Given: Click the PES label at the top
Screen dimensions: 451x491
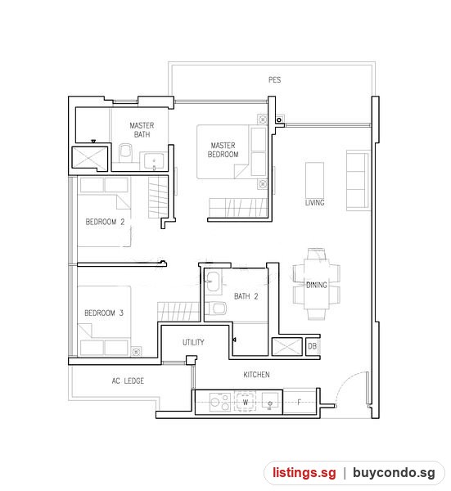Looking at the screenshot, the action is (x=274, y=80).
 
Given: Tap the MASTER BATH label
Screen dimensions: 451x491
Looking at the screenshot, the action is (x=142, y=130).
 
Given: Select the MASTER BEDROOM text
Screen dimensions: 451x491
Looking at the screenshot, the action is (x=223, y=150).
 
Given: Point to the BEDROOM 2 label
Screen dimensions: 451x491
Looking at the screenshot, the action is (x=105, y=222).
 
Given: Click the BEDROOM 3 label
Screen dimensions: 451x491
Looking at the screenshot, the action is (x=104, y=313).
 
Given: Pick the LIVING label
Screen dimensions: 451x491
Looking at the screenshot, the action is (x=315, y=203).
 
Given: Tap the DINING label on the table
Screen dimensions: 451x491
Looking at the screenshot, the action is (x=316, y=285).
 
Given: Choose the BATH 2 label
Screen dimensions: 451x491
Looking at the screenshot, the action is (x=246, y=296).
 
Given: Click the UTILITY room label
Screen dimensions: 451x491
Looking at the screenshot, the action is (x=193, y=342).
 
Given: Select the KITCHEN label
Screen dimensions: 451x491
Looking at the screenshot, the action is (x=256, y=375).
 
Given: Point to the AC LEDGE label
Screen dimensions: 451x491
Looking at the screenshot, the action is (x=128, y=381).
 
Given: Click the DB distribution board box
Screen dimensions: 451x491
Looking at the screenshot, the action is (x=312, y=346).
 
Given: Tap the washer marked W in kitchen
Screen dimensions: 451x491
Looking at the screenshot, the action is (x=246, y=402).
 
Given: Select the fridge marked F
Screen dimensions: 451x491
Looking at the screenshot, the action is (x=299, y=402).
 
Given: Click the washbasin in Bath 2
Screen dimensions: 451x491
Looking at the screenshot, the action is (x=214, y=282).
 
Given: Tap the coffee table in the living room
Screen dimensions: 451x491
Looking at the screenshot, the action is (x=315, y=180).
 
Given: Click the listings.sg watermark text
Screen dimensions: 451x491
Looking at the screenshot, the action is (x=304, y=472).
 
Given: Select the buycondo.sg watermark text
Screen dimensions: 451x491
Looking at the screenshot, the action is (x=394, y=472).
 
